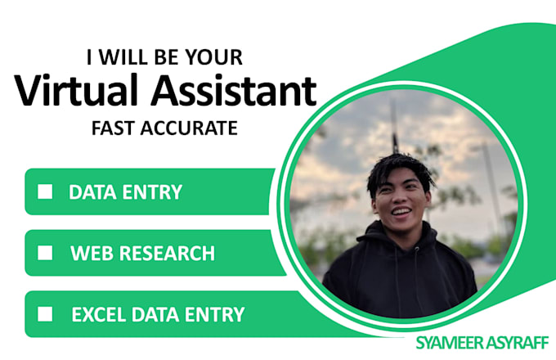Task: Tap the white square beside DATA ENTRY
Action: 46,191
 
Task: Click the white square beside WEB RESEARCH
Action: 46,253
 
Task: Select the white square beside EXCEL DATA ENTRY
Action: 46,313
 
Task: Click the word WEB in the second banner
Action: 89,253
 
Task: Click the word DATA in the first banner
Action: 90,192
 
